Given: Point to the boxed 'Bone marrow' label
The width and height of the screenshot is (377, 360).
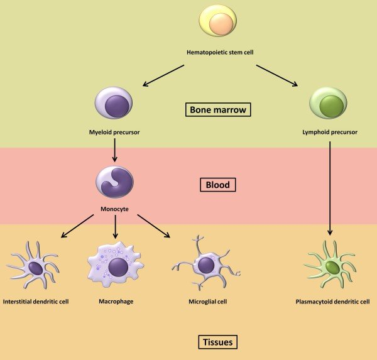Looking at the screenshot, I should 218,110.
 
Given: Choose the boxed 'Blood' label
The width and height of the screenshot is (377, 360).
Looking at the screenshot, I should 217,185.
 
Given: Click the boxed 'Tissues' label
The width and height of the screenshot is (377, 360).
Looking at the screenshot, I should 217,342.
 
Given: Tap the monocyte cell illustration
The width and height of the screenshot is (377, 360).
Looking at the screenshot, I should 114,181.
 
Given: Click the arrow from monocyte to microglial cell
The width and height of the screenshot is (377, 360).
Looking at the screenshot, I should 153,226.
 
